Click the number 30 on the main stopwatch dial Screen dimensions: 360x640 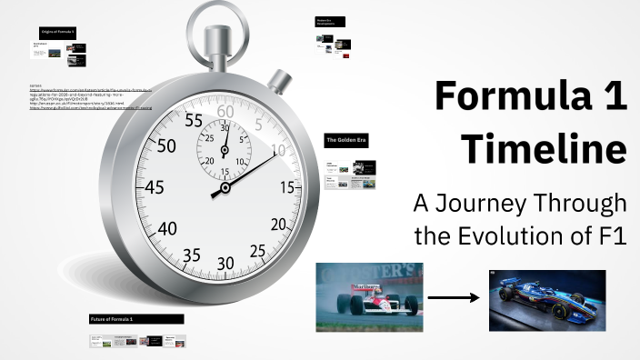click(226, 264)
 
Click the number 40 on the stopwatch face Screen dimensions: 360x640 click(167, 228)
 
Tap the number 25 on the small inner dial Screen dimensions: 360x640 click(210, 138)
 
